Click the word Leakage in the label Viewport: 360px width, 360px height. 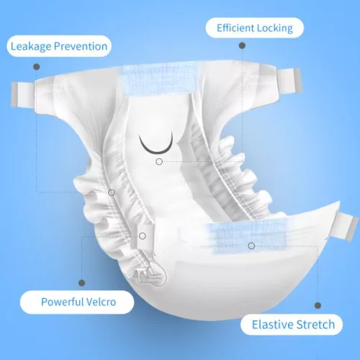pyautogui.click(x=31, y=46)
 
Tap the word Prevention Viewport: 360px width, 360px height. pyautogui.click(x=81, y=46)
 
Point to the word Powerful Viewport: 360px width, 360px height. pyautogui.click(x=62, y=302)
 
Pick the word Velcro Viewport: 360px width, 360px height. pyautogui.click(x=101, y=302)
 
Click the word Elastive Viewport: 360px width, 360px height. pyautogui.click(x=273, y=325)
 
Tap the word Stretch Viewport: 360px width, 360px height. pyautogui.click(x=315, y=325)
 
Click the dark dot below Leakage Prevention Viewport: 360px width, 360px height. pyautogui.click(x=37, y=66)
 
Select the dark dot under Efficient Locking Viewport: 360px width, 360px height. pyautogui.click(x=242, y=45)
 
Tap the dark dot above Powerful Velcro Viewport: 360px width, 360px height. pyautogui.click(x=82, y=283)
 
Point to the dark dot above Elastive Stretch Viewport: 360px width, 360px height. pyautogui.click(x=318, y=305)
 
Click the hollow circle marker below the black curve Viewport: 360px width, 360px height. pyautogui.click(x=159, y=162)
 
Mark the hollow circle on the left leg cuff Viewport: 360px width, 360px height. pyautogui.click(x=112, y=192)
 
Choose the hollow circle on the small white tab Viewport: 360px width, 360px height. pyautogui.click(x=143, y=236)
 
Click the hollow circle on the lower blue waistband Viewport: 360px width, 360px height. pyautogui.click(x=251, y=246)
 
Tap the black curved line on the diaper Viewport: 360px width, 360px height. pyautogui.click(x=156, y=152)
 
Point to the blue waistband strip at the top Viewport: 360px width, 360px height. pyautogui.click(x=160, y=81)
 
